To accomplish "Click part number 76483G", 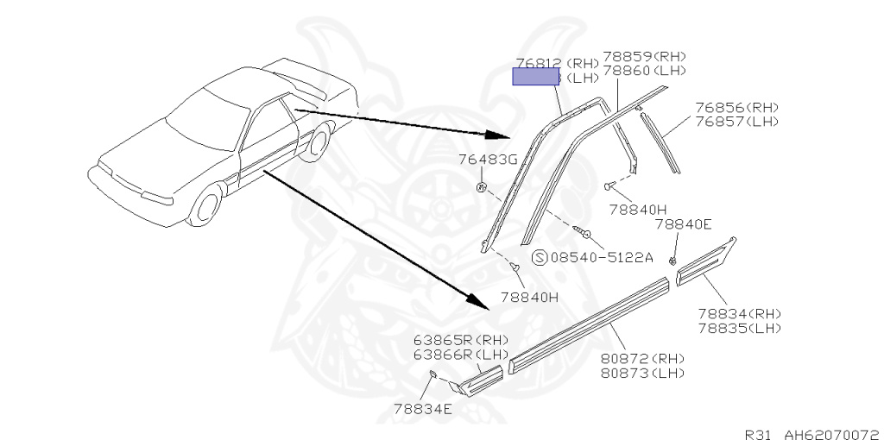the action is (x=487, y=160).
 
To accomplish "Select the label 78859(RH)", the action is (x=644, y=56).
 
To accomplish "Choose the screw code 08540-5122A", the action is (x=602, y=257).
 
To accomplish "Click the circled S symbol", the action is (x=540, y=257).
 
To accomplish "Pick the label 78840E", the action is (x=682, y=224).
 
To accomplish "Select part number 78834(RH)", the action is (x=739, y=314).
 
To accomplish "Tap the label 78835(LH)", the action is (x=739, y=327).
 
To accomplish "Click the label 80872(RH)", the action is (x=642, y=359).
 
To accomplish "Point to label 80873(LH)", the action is (x=642, y=373).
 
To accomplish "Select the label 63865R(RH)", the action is (x=461, y=339).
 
